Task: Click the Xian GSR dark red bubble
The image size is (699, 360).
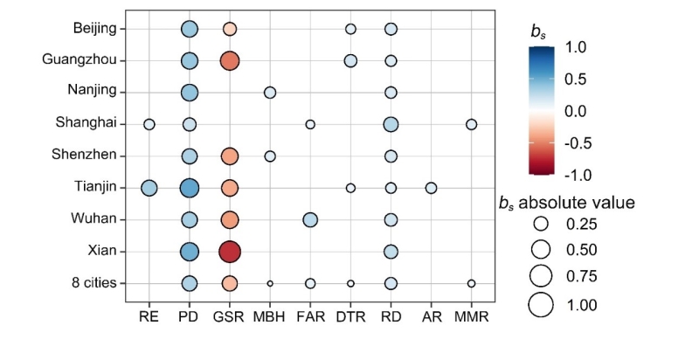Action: [229, 252]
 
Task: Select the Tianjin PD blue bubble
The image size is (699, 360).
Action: [189, 188]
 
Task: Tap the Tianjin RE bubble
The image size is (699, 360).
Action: [149, 188]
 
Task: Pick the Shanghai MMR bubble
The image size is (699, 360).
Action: [471, 124]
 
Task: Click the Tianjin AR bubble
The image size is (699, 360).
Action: [431, 188]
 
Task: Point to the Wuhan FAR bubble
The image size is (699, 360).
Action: [310, 219]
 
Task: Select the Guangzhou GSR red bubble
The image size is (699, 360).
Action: [229, 60]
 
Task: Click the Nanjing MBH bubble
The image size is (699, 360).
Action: [270, 93]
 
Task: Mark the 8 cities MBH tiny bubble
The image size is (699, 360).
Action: [270, 283]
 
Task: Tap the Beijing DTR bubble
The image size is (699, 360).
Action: [350, 29]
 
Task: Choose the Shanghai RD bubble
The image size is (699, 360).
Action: [391, 124]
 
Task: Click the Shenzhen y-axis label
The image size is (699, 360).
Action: [89, 156]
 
